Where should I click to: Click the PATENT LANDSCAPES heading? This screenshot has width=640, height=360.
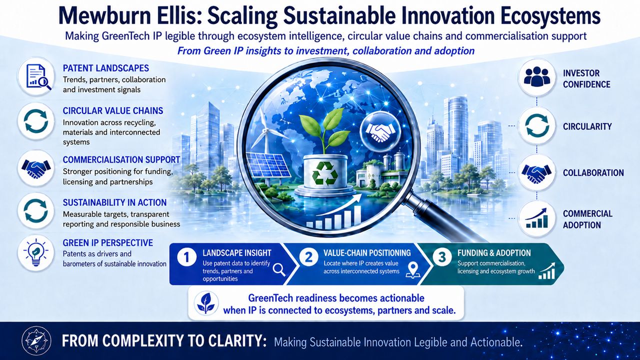105,68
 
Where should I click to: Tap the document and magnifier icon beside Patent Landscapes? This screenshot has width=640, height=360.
38,76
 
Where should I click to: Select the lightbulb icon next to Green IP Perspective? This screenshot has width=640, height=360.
35,252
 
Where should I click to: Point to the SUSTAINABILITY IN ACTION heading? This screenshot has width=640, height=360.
114,202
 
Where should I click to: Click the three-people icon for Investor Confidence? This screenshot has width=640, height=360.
537,76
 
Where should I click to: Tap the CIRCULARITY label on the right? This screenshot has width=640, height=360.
587,126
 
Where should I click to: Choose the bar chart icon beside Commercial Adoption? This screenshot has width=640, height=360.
537,218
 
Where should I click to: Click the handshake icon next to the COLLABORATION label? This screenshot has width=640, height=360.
536,172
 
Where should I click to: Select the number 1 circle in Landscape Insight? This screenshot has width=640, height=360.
186,257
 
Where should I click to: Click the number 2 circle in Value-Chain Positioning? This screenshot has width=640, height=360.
309,256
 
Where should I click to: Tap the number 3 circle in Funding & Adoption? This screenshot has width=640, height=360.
442,256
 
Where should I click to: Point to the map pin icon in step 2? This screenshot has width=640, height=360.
413,269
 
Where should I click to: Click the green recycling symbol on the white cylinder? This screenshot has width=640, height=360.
325,173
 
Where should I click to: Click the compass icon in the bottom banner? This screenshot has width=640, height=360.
36,340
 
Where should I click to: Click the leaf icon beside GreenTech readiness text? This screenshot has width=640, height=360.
206,303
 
